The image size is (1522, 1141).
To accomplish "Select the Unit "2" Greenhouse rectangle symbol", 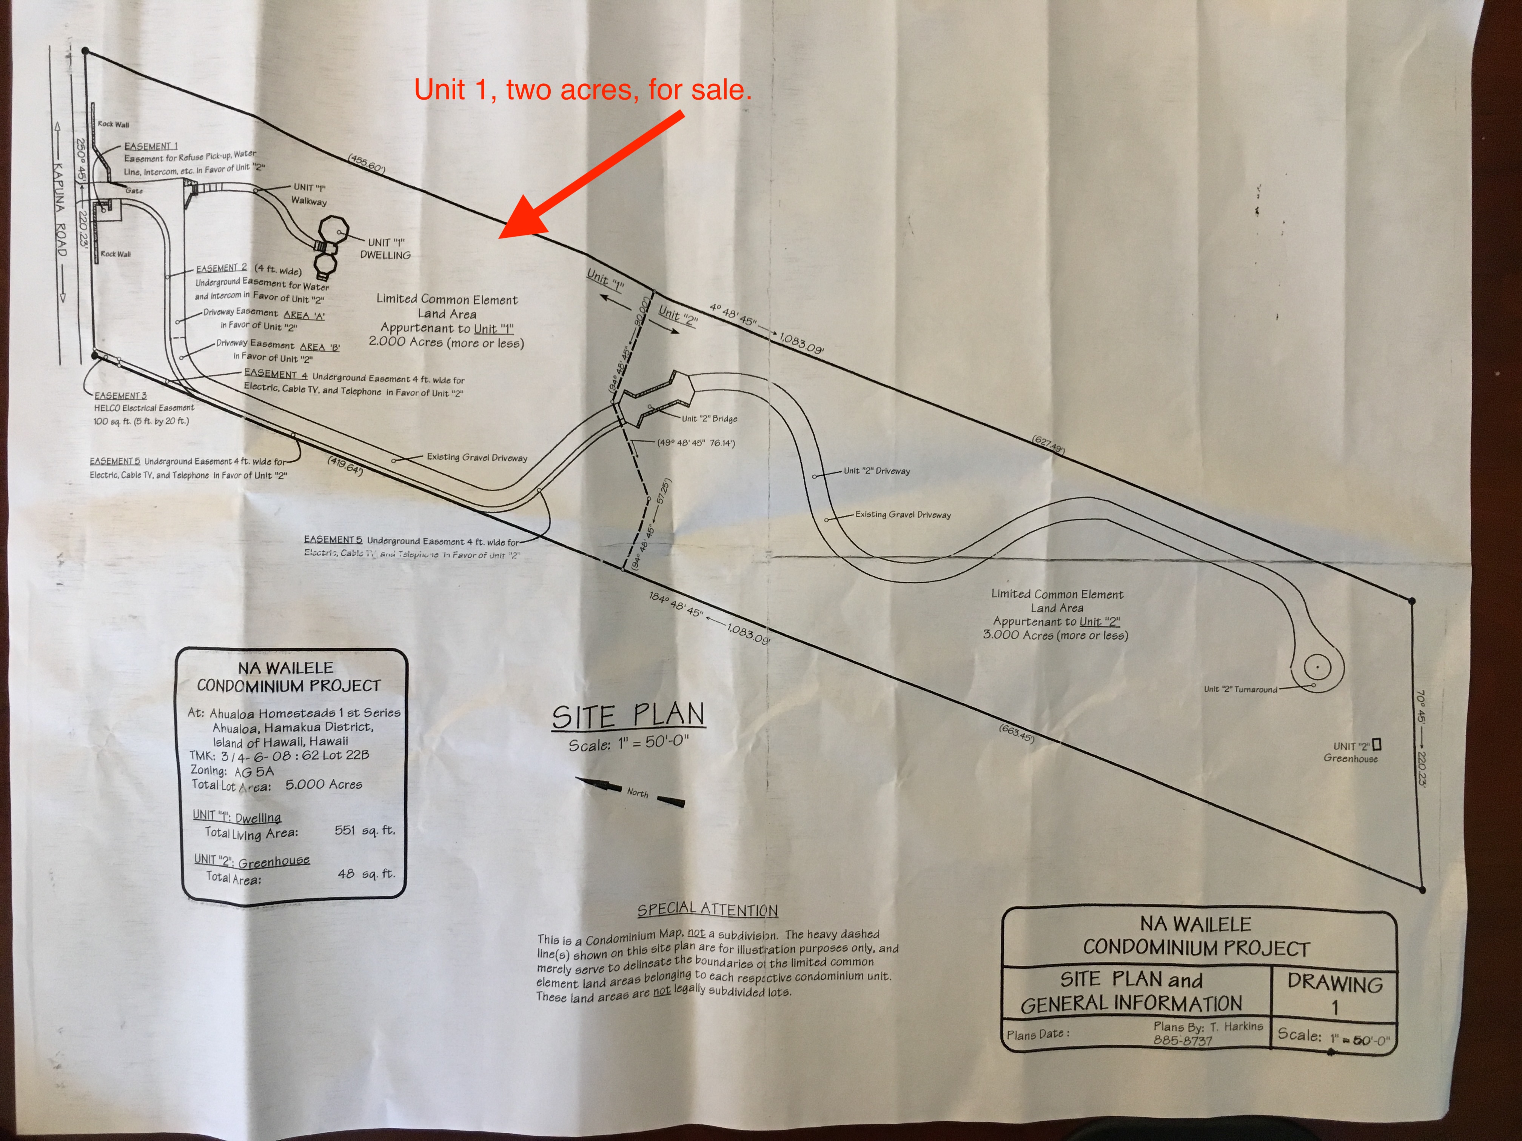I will pos(1377,744).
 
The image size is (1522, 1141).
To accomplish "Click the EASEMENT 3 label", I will pos(121,395).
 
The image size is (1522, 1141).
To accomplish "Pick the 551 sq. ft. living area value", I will pos(365,831).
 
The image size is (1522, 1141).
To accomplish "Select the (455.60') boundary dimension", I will pos(367,164).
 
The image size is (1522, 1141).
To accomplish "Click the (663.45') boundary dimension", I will pos(1016,734).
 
